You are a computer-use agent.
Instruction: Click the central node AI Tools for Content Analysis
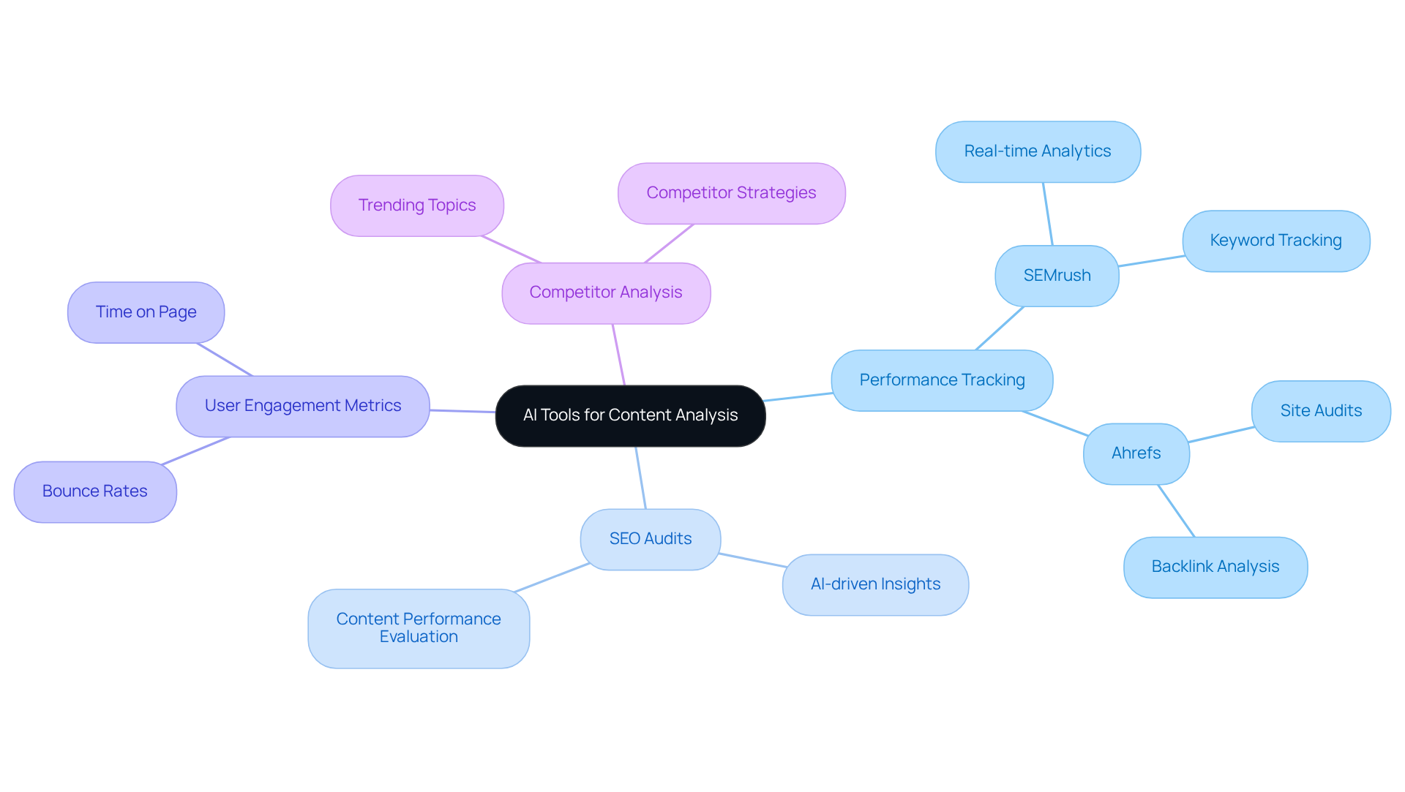point(630,415)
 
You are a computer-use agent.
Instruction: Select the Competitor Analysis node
point(606,293)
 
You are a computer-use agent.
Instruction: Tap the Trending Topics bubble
point(417,205)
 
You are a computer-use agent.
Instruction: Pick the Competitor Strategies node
point(731,193)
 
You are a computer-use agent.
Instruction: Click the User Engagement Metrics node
point(303,406)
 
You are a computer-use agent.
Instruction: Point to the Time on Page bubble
point(146,312)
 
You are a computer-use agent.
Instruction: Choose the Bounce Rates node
point(95,491)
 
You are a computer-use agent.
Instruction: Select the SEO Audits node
point(651,539)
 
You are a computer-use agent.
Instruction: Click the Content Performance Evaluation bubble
point(419,628)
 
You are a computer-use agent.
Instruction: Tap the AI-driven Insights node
point(875,584)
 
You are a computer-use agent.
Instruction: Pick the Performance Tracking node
point(942,380)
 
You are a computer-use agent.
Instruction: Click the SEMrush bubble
point(1057,276)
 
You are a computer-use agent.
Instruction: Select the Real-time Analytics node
point(1038,151)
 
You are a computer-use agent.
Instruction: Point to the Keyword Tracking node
point(1275,241)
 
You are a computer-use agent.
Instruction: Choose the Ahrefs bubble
point(1136,453)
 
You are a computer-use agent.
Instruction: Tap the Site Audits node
point(1321,411)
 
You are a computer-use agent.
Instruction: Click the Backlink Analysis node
point(1215,567)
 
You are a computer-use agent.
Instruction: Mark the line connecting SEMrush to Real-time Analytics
point(1048,214)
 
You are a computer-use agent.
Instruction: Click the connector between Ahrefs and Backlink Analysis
point(1176,510)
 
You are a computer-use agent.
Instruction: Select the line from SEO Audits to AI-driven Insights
point(752,560)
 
